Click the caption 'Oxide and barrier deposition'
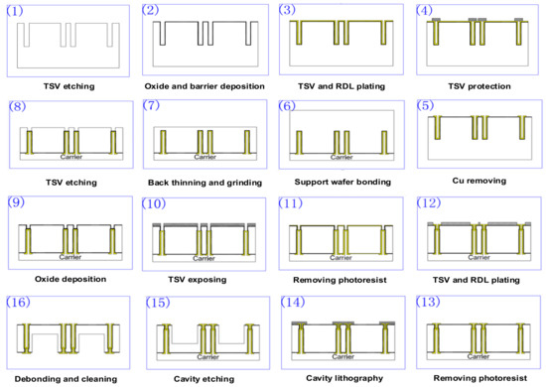tap(205, 86)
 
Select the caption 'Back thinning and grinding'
tap(204, 182)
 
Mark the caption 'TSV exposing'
tap(204, 279)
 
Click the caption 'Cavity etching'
tap(204, 376)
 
